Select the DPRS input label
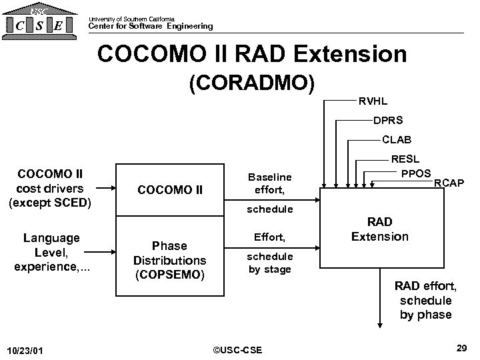pos(387,121)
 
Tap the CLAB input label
pos(397,141)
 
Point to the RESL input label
pos(405,160)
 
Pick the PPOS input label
pos(417,173)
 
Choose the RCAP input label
pos(449,183)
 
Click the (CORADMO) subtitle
pos(252,84)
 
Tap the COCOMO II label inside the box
pos(169,190)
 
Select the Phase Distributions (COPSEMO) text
pos(169,259)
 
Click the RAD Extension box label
pos(379,229)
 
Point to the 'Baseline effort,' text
pos(269,183)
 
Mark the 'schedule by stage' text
pos(269,263)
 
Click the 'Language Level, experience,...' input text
pos(51,252)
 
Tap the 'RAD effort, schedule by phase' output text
pos(425,301)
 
